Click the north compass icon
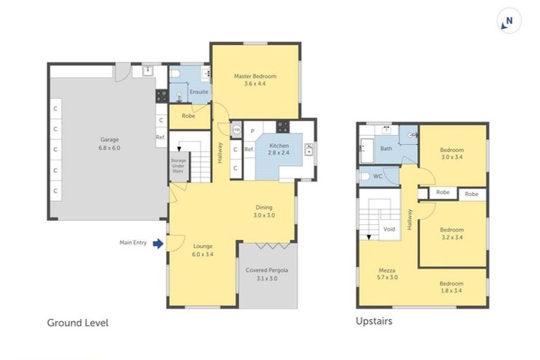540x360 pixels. tap(509, 21)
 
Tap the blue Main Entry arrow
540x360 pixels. tap(158, 243)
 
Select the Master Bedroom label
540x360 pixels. tap(255, 76)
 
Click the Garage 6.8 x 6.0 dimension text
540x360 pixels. tap(110, 148)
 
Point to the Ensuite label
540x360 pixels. tap(199, 91)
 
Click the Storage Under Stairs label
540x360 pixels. tap(178, 166)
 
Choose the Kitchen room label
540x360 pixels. tap(279, 146)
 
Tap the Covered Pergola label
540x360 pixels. tap(267, 270)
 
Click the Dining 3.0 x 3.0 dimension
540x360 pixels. tap(264, 215)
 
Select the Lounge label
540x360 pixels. tap(202, 246)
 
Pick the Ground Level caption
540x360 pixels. tap(78, 323)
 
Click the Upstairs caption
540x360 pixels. tap(374, 321)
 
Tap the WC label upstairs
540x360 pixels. tap(378, 176)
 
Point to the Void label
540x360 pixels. tap(389, 229)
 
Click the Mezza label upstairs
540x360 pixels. tap(387, 271)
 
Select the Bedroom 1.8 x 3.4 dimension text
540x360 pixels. tap(451, 290)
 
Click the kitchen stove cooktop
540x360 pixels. tap(283, 127)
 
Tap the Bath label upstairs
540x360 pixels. tap(386, 148)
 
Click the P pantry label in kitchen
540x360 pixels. tap(252, 131)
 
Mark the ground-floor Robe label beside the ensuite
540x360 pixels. tap(188, 116)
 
